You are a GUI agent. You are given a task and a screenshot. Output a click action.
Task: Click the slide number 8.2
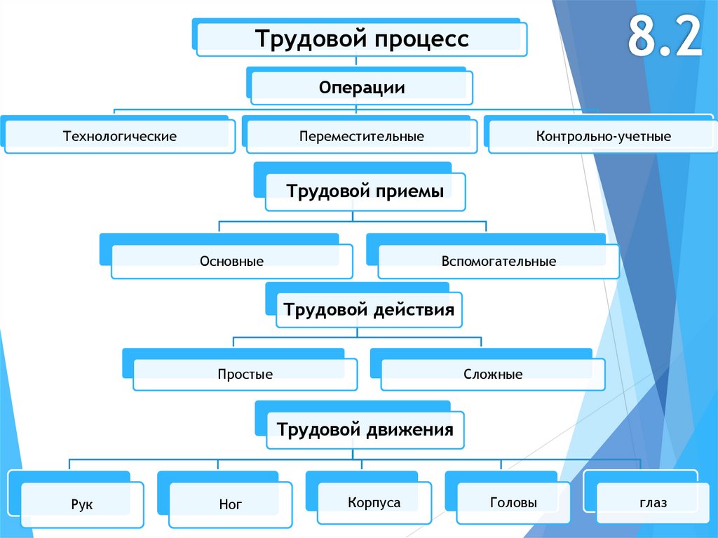point(665,36)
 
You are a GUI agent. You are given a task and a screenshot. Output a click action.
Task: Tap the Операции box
point(360,86)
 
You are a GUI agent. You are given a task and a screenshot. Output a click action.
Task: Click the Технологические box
point(118,135)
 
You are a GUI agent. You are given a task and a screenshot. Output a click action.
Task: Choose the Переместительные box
point(360,135)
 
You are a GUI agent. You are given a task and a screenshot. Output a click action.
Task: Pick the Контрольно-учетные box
point(601,135)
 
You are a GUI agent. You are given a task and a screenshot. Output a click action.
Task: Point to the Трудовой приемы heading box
point(360,187)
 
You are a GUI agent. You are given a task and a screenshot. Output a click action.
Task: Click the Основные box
point(226,257)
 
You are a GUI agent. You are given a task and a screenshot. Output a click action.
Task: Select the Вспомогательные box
point(493,257)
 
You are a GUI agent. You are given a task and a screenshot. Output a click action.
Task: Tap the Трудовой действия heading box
point(364,305)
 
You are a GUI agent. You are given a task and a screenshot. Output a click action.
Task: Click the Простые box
point(240,370)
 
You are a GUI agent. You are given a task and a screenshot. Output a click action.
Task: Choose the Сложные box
point(488,370)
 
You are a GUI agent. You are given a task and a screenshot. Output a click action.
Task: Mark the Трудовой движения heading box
point(360,425)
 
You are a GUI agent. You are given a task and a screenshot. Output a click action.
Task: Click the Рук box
point(76,499)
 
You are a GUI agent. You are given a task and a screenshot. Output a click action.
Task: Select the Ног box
point(225,499)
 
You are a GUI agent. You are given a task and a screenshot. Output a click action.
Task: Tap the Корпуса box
point(369,498)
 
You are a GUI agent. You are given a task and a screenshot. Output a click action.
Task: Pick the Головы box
point(508,498)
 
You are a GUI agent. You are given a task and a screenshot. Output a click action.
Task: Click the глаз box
point(646,497)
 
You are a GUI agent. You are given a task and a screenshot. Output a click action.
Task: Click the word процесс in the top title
point(421,39)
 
